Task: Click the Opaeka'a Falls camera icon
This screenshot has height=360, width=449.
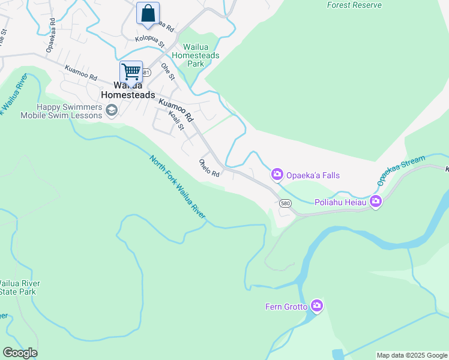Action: [x=277, y=175]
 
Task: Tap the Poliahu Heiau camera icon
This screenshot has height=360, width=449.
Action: [x=376, y=201]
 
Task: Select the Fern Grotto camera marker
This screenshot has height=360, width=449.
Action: [x=317, y=307]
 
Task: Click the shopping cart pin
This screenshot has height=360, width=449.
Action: [x=131, y=72]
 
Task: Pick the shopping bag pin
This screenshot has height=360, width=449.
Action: [x=148, y=13]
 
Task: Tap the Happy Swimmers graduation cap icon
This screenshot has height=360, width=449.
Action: [x=111, y=110]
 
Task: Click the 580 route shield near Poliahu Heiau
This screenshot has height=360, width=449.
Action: [x=285, y=203]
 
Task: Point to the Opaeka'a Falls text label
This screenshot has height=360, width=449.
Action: [x=313, y=175]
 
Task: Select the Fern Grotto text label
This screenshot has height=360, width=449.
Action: [x=286, y=307]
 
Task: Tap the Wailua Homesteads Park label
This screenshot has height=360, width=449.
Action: [x=195, y=55]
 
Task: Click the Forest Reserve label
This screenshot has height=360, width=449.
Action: [x=354, y=5]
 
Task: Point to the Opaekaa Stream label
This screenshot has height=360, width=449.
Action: [x=401, y=170]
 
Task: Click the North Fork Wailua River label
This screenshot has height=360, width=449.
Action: [x=178, y=187]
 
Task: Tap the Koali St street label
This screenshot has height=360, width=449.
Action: [x=176, y=118]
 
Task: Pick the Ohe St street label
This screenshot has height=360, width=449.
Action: [x=167, y=72]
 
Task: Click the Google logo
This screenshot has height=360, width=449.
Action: [x=20, y=353]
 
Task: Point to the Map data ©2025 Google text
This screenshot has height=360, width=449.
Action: [x=412, y=355]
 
